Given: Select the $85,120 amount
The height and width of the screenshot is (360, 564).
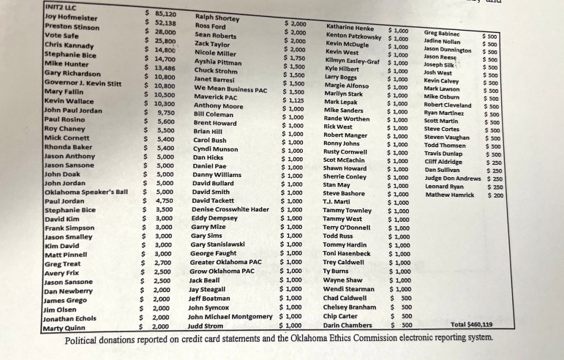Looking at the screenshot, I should (x=160, y=14).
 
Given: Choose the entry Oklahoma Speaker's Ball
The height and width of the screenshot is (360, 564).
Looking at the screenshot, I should (x=86, y=192).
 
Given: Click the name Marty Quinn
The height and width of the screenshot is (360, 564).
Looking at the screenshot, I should (x=64, y=329).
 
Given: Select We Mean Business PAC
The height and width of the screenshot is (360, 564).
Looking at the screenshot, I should (x=230, y=89).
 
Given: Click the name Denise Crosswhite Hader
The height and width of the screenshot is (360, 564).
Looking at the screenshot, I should (x=230, y=209).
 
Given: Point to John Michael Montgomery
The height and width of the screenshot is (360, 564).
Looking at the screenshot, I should (x=230, y=316).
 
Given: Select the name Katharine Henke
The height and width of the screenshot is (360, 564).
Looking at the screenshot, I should (x=350, y=27).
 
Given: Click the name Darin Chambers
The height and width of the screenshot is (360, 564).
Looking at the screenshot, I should (x=347, y=325).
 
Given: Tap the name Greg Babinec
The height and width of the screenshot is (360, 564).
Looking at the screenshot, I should (x=442, y=33).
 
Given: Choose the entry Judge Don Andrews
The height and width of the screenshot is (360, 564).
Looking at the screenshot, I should (x=453, y=178).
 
